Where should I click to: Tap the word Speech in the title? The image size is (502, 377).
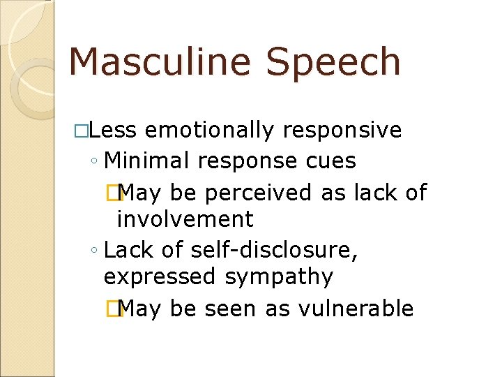333,62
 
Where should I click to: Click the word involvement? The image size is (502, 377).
185,219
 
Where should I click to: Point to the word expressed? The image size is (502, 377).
160,277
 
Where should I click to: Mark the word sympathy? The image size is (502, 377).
279,277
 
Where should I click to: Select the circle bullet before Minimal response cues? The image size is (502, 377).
94,162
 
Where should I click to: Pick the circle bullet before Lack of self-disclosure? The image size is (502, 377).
94,250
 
